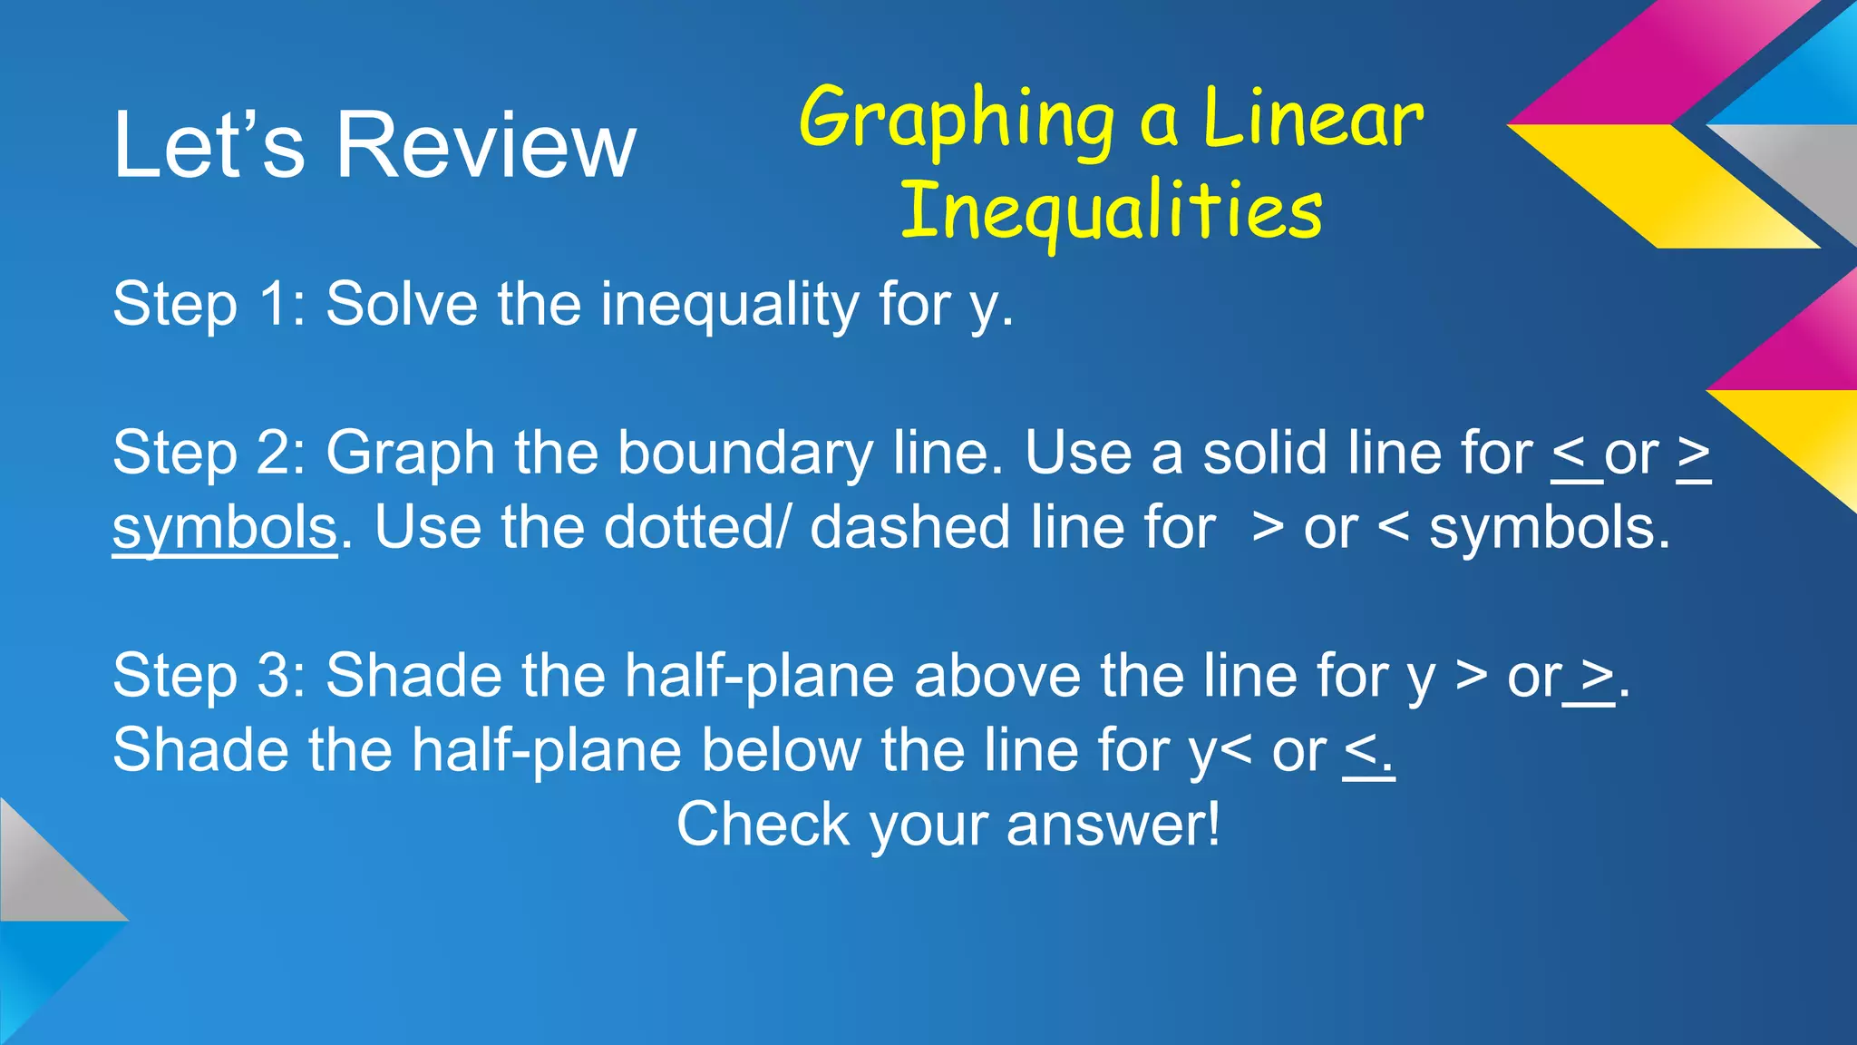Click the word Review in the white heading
[x=487, y=145]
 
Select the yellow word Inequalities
[x=1111, y=211]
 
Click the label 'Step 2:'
[x=209, y=453]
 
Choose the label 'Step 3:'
[x=209, y=676]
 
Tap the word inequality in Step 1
[x=729, y=305]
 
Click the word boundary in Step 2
[x=744, y=454]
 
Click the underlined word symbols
[x=224, y=529]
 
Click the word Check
[x=763, y=825]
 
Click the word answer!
[x=1113, y=825]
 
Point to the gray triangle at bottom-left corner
[x=41, y=875]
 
